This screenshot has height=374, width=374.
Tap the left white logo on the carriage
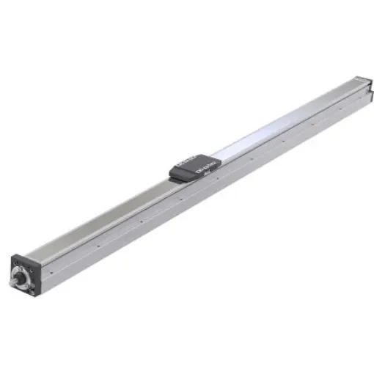[186, 163]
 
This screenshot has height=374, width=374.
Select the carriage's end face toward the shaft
[176, 173]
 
